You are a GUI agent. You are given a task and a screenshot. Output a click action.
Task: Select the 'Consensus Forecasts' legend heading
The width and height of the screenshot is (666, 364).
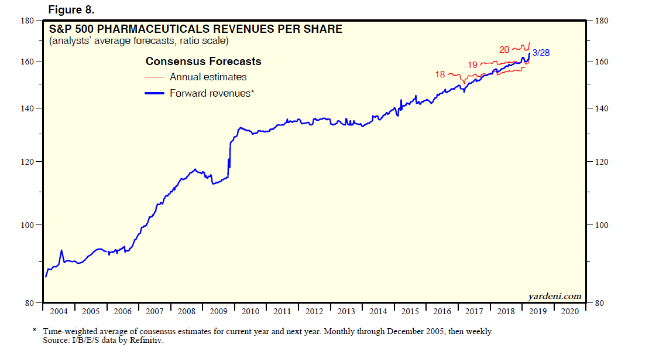(203, 62)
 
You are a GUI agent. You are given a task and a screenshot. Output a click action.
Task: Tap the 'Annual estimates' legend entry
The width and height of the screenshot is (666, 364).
(208, 77)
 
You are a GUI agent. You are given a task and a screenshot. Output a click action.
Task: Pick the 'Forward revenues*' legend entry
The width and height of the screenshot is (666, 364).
(211, 93)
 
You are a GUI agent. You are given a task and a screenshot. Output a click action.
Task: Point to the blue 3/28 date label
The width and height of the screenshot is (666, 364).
(541, 53)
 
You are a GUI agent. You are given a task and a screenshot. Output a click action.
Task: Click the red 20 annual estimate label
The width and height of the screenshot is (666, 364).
(504, 50)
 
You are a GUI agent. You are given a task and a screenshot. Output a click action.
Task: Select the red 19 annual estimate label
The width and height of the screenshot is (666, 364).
(472, 64)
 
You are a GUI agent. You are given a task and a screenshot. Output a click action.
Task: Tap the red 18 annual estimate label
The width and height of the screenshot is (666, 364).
(440, 74)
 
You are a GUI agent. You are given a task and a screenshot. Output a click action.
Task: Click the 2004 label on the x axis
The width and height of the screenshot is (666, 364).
(59, 311)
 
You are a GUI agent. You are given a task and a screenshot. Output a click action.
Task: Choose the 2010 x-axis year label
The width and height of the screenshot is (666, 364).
(250, 311)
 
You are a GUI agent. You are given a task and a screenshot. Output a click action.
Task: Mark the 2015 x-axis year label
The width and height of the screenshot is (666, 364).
(410, 311)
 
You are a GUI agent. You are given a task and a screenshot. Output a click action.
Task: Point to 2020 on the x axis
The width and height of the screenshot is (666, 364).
(570, 311)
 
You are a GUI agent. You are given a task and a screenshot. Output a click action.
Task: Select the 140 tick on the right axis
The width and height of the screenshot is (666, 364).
(602, 108)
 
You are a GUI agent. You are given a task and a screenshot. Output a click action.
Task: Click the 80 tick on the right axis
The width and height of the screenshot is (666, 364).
(599, 303)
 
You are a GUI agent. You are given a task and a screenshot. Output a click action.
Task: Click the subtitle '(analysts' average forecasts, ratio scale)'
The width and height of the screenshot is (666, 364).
(139, 41)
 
